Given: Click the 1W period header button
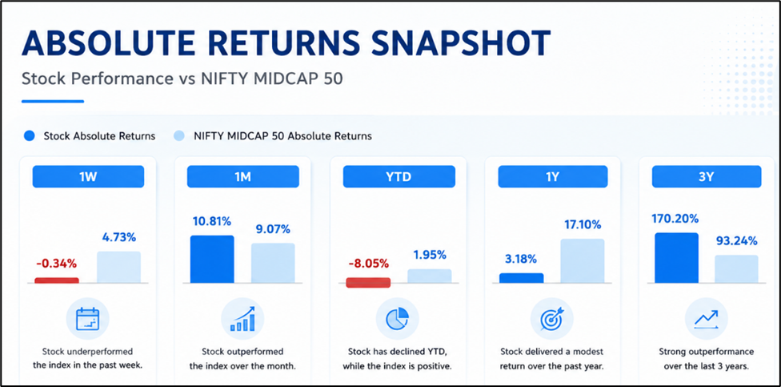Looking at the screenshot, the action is (88, 176).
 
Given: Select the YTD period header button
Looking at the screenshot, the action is (399, 176).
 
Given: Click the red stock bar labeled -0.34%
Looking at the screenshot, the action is (57, 280).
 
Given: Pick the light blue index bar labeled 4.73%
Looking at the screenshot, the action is (118, 268).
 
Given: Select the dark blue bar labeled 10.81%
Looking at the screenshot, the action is (212, 260).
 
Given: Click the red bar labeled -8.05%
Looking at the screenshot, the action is (368, 282).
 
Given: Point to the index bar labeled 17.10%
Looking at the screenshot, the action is (583, 261).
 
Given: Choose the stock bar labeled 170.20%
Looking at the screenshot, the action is (676, 258).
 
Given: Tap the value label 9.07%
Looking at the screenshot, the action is (272, 229).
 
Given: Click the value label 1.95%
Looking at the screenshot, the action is (430, 255).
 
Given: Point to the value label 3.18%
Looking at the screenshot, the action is (520, 259).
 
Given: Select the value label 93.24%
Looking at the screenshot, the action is (737, 241).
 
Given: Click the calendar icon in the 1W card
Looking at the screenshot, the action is (88, 319).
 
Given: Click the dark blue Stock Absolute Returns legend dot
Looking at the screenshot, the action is (30, 135).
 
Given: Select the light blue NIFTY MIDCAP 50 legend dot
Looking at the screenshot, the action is (178, 135).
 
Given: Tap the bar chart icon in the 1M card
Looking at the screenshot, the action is (242, 319).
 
